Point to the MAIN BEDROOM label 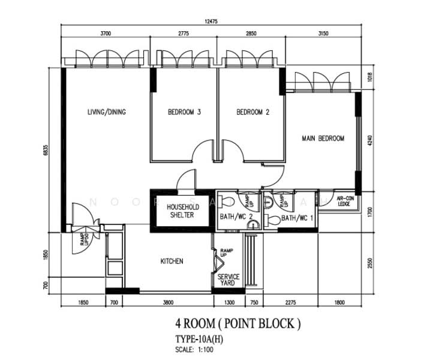[323, 139]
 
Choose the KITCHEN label [172, 262]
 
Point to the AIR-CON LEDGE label [344, 201]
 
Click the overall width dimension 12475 [211, 22]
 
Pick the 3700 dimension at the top [106, 35]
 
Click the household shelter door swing [187, 178]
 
